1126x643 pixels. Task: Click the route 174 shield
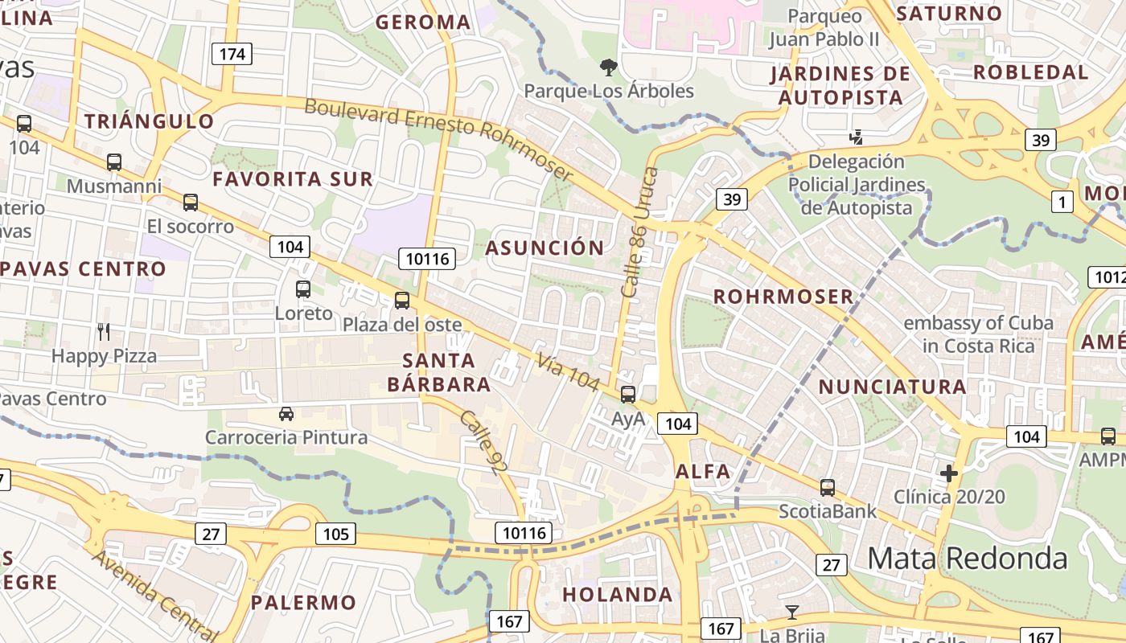(x=232, y=54)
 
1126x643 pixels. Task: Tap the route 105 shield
(x=335, y=534)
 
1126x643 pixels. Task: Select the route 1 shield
(x=1062, y=202)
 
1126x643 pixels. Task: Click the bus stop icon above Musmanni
(x=114, y=162)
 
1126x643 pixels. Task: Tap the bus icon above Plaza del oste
(x=402, y=301)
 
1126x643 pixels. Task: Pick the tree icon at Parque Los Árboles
(x=608, y=67)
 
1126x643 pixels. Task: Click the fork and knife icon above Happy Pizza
(x=104, y=331)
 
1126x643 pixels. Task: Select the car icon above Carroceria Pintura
(x=286, y=414)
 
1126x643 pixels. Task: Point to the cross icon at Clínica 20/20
(x=949, y=473)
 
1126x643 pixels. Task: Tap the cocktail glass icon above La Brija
(x=792, y=612)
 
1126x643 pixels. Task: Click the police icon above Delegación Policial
(x=857, y=137)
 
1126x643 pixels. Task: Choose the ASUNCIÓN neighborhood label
(x=545, y=248)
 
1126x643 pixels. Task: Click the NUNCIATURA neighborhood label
(x=892, y=387)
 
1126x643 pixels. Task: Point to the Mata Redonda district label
(x=967, y=558)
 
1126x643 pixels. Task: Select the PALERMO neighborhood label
(x=303, y=602)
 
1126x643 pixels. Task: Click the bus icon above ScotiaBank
(x=828, y=487)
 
